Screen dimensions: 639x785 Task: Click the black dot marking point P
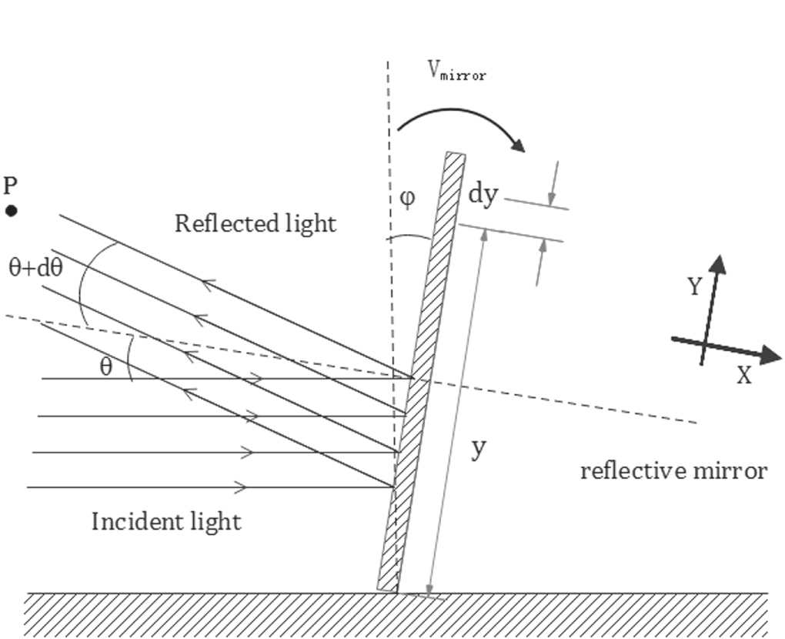pos(12,210)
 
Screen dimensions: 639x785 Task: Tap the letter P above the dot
pos(10,186)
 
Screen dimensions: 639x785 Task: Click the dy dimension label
pos(483,194)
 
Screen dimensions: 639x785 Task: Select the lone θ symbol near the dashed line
pos(105,366)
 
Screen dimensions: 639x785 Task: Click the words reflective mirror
pos(673,470)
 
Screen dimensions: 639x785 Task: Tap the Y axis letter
pos(694,286)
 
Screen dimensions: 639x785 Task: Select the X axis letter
pos(743,376)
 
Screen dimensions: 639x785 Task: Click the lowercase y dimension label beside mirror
pos(479,447)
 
